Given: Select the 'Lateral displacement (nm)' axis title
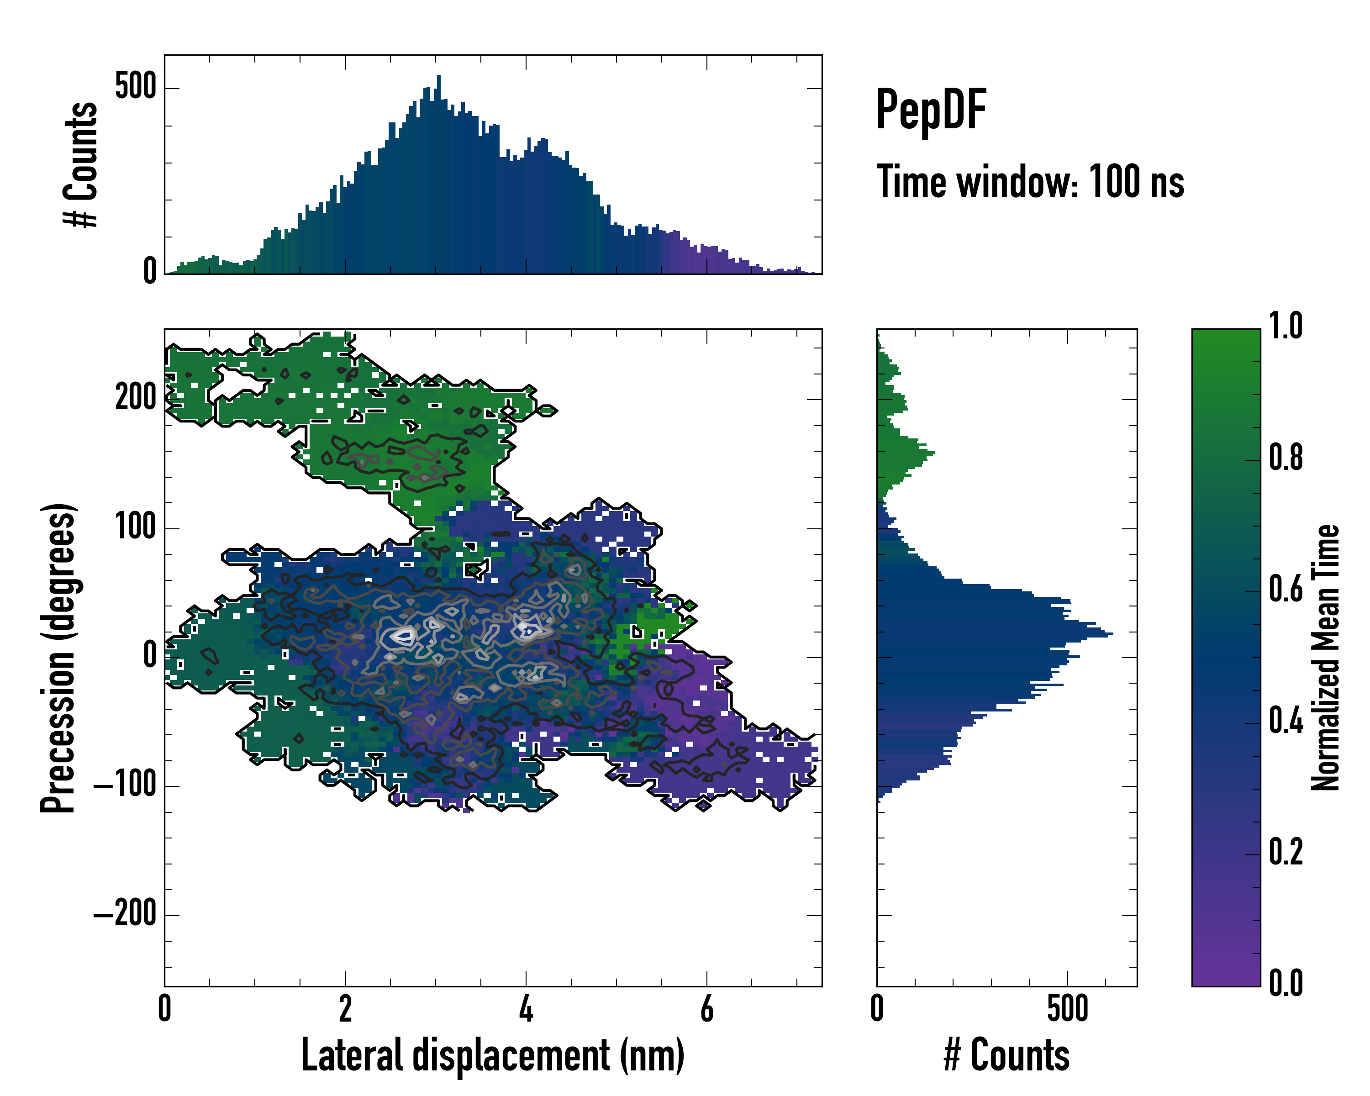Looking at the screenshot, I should pos(492,1055).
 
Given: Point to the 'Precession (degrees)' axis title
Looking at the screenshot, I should pos(58,658).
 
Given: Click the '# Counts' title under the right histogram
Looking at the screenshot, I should pos(1006,1055).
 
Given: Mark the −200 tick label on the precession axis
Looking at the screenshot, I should pos(125,915).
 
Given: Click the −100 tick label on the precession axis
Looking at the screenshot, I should pos(125,786).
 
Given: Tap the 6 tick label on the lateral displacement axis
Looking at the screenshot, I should pos(706,1009).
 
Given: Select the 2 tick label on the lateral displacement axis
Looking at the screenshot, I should pos(345,1009).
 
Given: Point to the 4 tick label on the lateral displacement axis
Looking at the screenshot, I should pos(526,1009).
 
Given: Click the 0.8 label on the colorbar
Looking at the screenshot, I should pos(1286,458).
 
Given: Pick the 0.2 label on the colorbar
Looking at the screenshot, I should pos(1286,852).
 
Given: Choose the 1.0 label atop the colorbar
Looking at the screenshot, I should pos(1286,326).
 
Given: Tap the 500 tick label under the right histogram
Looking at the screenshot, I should pos(1068,1009).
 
